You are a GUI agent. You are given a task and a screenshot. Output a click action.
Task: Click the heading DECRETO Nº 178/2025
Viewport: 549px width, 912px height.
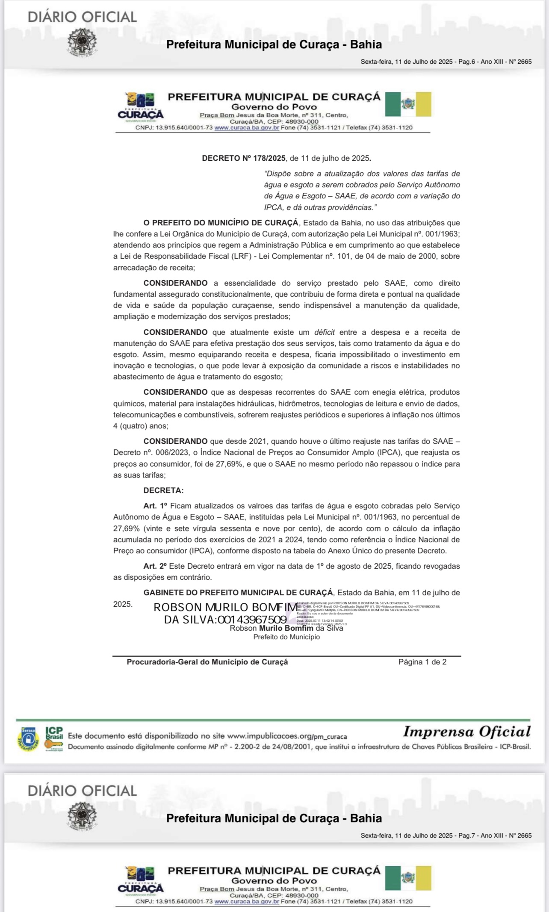(243, 158)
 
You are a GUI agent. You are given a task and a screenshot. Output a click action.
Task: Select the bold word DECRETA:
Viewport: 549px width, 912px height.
(163, 490)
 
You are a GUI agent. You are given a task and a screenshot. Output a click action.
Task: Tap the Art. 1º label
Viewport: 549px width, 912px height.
(155, 506)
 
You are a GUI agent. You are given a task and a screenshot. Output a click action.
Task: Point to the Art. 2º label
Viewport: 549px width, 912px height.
(155, 566)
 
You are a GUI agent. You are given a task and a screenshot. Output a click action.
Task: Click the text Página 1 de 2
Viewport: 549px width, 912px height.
(422, 662)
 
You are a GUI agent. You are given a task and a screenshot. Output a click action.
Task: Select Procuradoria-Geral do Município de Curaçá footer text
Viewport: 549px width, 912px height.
(207, 662)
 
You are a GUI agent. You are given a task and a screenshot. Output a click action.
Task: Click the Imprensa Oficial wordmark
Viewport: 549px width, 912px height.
(466, 732)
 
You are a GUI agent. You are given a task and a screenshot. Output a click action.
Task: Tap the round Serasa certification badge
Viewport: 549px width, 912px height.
(29, 739)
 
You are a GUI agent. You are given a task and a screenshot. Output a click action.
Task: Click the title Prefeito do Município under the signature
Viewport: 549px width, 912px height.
(286, 637)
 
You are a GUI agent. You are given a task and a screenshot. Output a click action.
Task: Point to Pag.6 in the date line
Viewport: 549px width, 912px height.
(466, 62)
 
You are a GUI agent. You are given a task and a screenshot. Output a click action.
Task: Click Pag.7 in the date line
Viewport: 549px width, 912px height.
(466, 835)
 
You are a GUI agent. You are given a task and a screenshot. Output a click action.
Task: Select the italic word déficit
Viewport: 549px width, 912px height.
(324, 332)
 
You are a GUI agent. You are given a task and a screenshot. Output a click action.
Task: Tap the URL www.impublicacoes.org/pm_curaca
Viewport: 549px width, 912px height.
(287, 736)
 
